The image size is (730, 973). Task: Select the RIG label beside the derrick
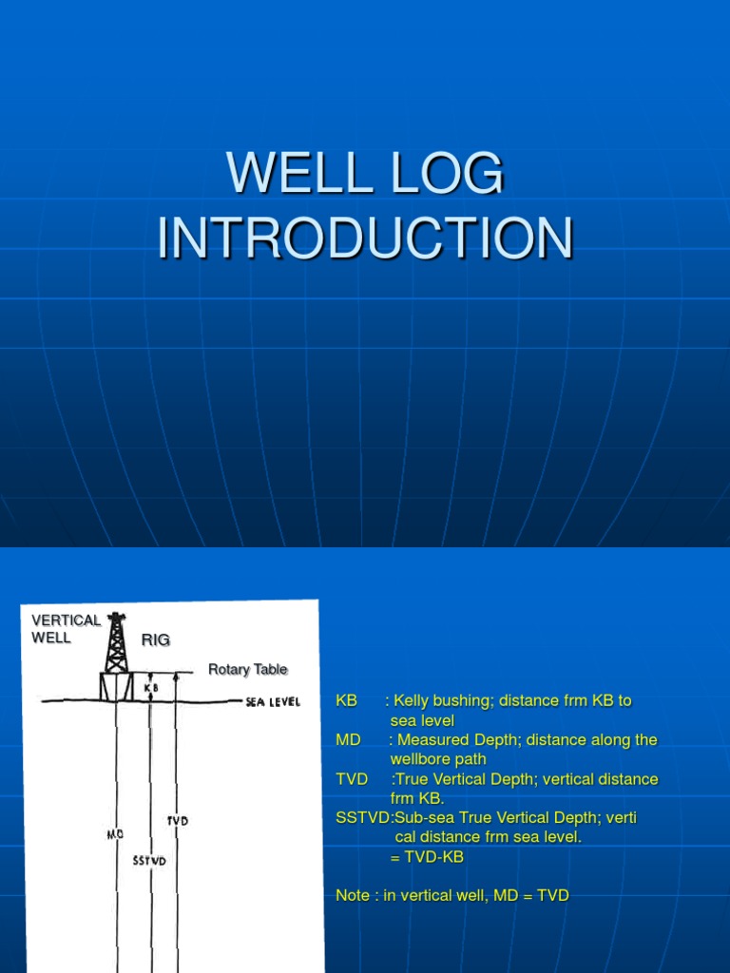pyautogui.click(x=156, y=640)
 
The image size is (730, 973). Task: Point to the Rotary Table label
pyautogui.click(x=247, y=670)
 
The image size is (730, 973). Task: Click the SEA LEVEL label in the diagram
pyautogui.click(x=272, y=702)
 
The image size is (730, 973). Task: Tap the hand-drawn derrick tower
pyautogui.click(x=116, y=646)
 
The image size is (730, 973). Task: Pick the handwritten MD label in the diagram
pyautogui.click(x=116, y=834)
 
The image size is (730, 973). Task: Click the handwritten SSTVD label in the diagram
pyautogui.click(x=149, y=861)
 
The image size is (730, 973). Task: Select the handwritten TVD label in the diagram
pyautogui.click(x=177, y=820)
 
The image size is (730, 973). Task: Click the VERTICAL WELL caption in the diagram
pyautogui.click(x=65, y=628)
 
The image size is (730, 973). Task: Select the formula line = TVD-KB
pyautogui.click(x=427, y=857)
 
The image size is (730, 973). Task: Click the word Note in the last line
pyautogui.click(x=354, y=895)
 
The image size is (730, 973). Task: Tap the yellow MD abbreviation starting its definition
pyautogui.click(x=348, y=739)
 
